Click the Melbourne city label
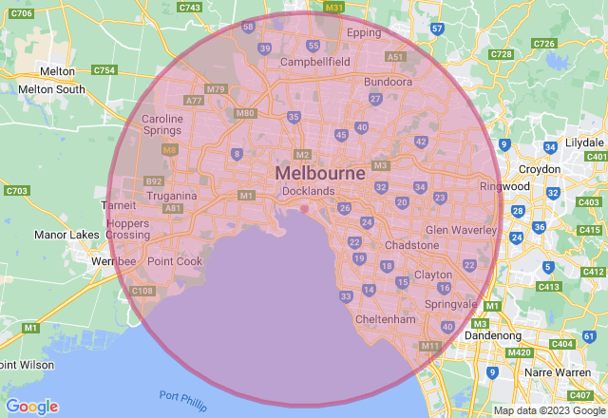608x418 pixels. click(320, 174)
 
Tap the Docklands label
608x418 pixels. click(309, 191)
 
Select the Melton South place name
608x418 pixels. click(51, 90)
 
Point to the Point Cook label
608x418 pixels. click(175, 261)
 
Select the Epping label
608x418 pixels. click(364, 32)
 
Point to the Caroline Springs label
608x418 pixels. click(162, 125)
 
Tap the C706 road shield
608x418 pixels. click(21, 13)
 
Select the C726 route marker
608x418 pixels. click(544, 44)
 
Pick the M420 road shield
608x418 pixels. click(519, 352)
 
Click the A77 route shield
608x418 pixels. click(195, 100)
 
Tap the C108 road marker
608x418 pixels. click(142, 291)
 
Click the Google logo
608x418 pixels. click(31, 407)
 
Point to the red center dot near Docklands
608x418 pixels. click(304, 209)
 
